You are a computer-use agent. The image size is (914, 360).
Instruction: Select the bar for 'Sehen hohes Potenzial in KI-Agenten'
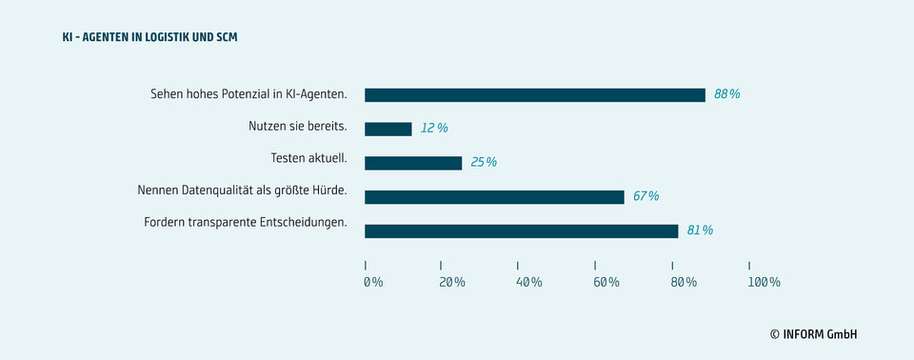coord(534,94)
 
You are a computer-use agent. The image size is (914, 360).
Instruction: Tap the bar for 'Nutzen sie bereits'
coord(387,129)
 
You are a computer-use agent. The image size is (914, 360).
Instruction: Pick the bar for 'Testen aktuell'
coord(412,163)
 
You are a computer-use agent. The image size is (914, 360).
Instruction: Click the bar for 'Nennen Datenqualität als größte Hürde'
coord(494,197)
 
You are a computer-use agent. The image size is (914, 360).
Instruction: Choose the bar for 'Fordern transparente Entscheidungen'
coord(521,230)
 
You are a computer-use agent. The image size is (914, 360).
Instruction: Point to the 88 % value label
coord(726,94)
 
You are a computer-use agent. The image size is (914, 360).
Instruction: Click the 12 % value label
coord(434,128)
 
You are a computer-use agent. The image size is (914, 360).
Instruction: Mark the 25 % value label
coord(484,162)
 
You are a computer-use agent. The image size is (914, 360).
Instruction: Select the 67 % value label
coord(646,196)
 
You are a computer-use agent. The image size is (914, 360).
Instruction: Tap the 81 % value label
coord(700,230)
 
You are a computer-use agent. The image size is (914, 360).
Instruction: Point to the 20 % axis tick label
coord(452,282)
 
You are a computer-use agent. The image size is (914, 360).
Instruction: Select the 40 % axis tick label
coord(529,282)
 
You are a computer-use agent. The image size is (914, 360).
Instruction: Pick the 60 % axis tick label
coord(606,282)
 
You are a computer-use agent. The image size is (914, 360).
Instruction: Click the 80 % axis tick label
coord(684,282)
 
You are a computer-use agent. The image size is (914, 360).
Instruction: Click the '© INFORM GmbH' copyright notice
coord(813,334)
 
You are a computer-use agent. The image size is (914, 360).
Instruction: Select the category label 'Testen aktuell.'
coord(308,157)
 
